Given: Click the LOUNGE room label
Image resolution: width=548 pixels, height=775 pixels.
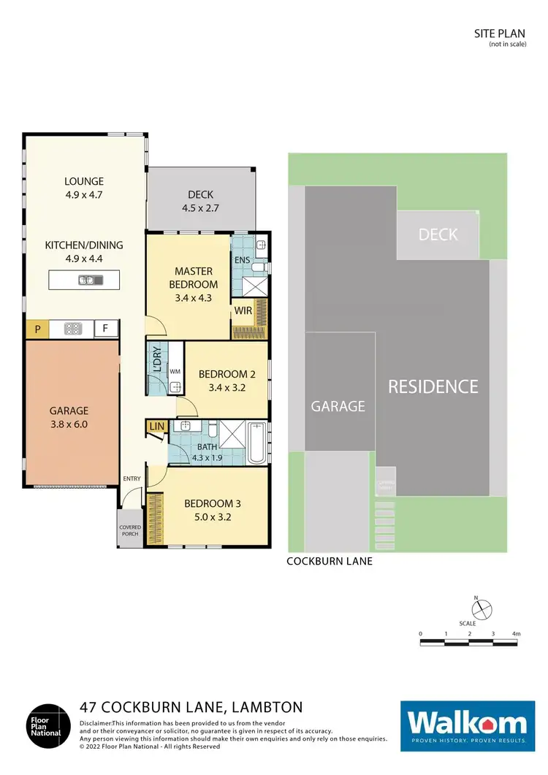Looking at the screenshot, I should coord(84,181).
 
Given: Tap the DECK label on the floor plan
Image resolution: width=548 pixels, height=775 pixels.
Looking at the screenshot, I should coord(200,194).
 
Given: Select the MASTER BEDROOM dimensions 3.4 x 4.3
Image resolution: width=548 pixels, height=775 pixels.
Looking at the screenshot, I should coord(194,297).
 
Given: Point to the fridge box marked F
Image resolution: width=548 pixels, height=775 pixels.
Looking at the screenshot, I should coord(105,329).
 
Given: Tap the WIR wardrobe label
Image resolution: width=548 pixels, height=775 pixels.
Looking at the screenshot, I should coord(243,311).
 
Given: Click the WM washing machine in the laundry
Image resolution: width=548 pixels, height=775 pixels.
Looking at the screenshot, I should coord(174,371).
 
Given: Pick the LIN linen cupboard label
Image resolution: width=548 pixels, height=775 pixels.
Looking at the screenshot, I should coord(156,426).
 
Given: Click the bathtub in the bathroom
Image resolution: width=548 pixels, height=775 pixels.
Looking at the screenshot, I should coord(256,443).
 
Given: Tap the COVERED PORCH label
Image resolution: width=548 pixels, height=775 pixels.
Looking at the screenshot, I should coord(130,530).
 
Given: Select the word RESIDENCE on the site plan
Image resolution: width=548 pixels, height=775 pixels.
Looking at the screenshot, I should coord(433,386).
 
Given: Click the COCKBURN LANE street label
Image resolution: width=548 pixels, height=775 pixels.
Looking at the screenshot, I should coord(330,562).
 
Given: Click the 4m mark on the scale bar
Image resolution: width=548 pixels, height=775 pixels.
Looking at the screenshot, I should coord(517,633).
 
